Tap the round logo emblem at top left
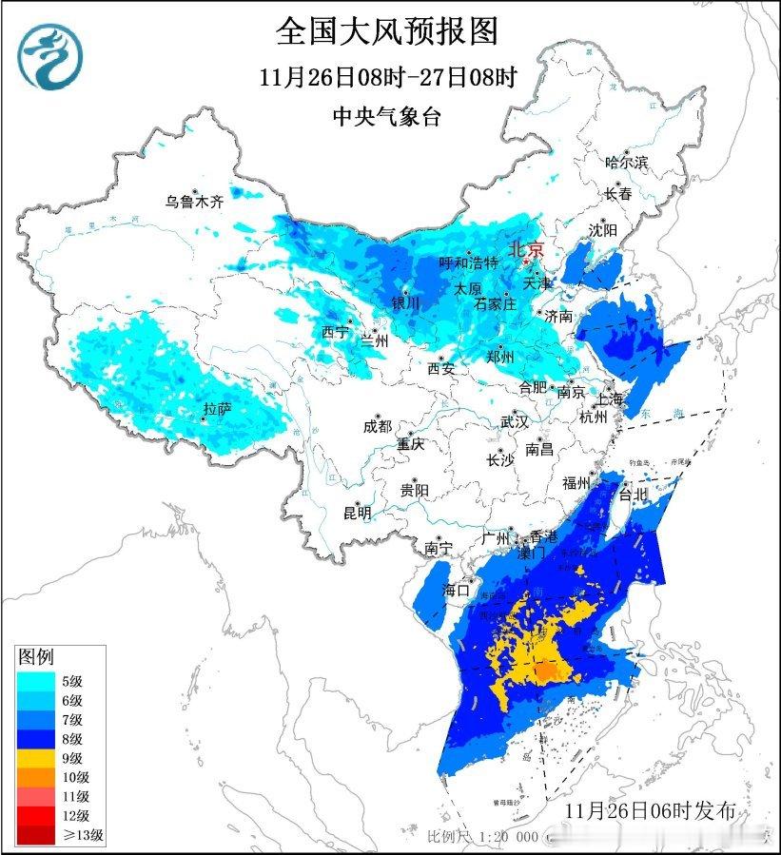coord(51,56)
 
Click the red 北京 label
coord(527,249)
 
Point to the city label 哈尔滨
coord(626,163)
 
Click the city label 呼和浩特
coord(468,262)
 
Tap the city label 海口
coord(456,591)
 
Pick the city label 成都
coord(377,427)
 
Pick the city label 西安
coord(440,368)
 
